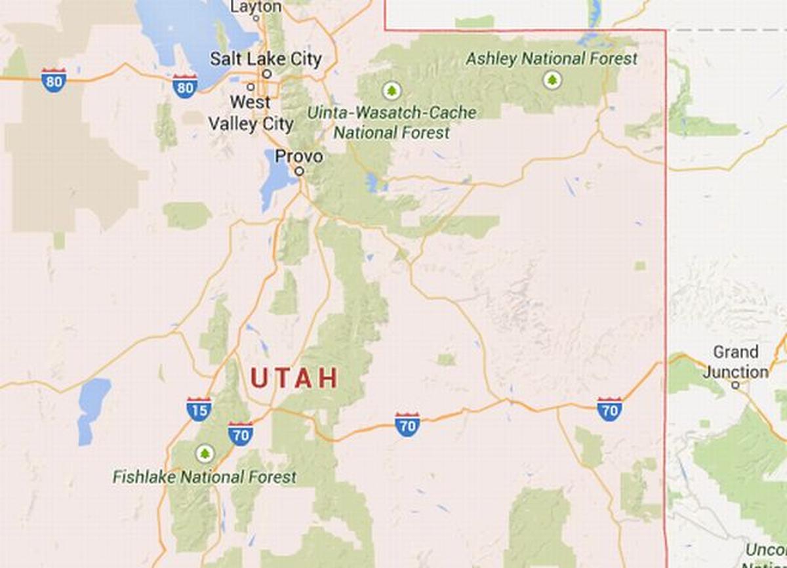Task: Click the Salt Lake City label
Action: pyautogui.click(x=266, y=59)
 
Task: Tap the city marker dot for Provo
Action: pyautogui.click(x=300, y=171)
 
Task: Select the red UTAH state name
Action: pyautogui.click(x=294, y=378)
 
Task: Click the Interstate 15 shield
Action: pyautogui.click(x=199, y=409)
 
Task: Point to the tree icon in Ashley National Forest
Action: pyautogui.click(x=552, y=81)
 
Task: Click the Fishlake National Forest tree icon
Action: pyautogui.click(x=205, y=453)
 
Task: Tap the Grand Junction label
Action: pyautogui.click(x=736, y=362)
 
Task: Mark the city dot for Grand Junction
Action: pyautogui.click(x=735, y=385)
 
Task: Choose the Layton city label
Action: pyautogui.click(x=257, y=7)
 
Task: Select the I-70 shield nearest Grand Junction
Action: pyautogui.click(x=609, y=409)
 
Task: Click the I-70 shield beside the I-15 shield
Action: pyautogui.click(x=241, y=434)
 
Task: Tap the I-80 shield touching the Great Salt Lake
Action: pyautogui.click(x=185, y=86)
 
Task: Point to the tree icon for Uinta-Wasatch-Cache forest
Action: pyautogui.click(x=392, y=90)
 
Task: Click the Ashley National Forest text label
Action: pyautogui.click(x=552, y=59)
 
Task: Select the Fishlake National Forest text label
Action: pyautogui.click(x=205, y=477)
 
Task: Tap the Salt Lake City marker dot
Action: pyautogui.click(x=267, y=73)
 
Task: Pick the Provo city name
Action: pyautogui.click(x=299, y=157)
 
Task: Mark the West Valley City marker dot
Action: pyautogui.click(x=251, y=87)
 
